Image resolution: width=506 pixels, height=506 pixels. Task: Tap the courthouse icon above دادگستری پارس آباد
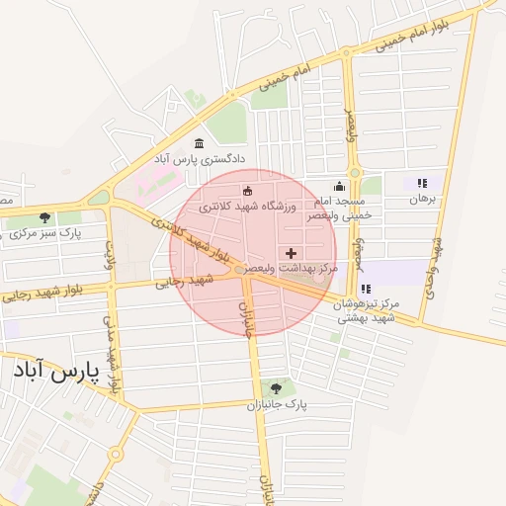[200, 143]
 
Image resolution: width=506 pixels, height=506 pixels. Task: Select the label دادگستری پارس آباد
[199, 158]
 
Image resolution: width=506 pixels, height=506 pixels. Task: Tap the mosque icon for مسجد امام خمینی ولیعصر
[340, 186]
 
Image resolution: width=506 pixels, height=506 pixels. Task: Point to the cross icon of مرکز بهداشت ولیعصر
[291, 254]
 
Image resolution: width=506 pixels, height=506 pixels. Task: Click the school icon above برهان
[422, 183]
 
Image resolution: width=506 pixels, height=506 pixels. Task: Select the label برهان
[422, 199]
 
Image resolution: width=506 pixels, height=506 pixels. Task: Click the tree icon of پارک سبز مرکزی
[44, 216]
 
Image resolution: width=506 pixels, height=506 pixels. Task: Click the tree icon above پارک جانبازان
[276, 388]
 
